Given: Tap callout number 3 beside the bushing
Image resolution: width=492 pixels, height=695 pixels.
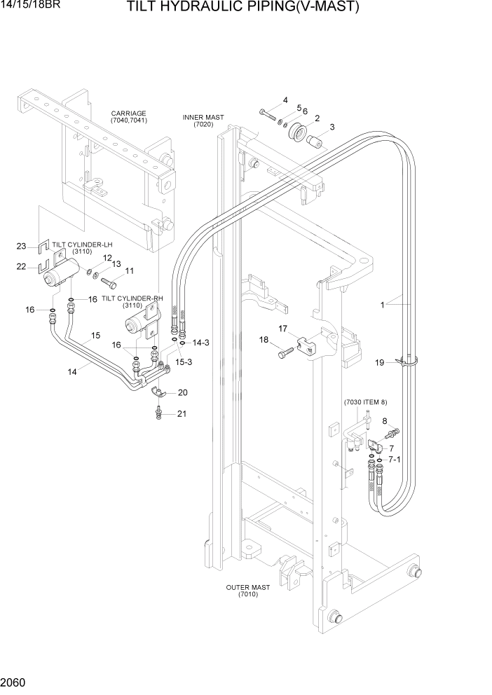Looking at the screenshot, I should point(332,127).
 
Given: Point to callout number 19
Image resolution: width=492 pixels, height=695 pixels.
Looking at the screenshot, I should point(379,362).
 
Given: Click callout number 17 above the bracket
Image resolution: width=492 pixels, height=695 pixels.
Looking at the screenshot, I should point(282,328).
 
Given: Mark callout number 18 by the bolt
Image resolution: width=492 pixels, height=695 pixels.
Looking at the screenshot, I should point(265,340).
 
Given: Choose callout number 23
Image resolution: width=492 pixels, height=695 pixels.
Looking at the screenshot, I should point(21,245).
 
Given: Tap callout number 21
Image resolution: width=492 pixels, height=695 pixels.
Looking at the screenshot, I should point(182,413).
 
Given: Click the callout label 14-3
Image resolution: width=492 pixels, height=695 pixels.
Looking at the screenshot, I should point(201,343).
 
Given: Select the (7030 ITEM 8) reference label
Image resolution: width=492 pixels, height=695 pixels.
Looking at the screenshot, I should point(365,402).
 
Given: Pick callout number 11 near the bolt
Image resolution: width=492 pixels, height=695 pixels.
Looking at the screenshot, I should point(129,270).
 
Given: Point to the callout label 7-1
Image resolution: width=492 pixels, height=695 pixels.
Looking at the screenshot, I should point(394,459).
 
